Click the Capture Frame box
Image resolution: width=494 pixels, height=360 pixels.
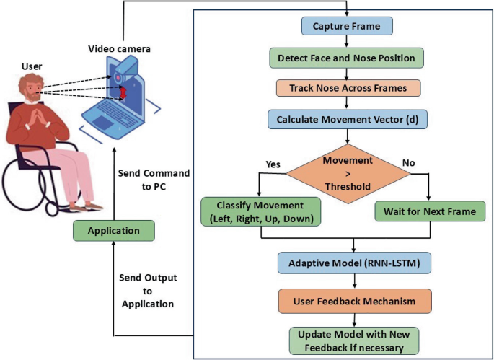coord(347,27)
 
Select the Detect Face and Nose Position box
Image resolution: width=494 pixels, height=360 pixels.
coord(346,57)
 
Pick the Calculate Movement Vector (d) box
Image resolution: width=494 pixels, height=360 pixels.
coord(347,118)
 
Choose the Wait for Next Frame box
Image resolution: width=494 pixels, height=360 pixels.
coord(424,212)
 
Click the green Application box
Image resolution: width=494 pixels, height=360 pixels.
coord(113,232)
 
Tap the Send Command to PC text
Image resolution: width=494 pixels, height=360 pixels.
coord(154,180)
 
